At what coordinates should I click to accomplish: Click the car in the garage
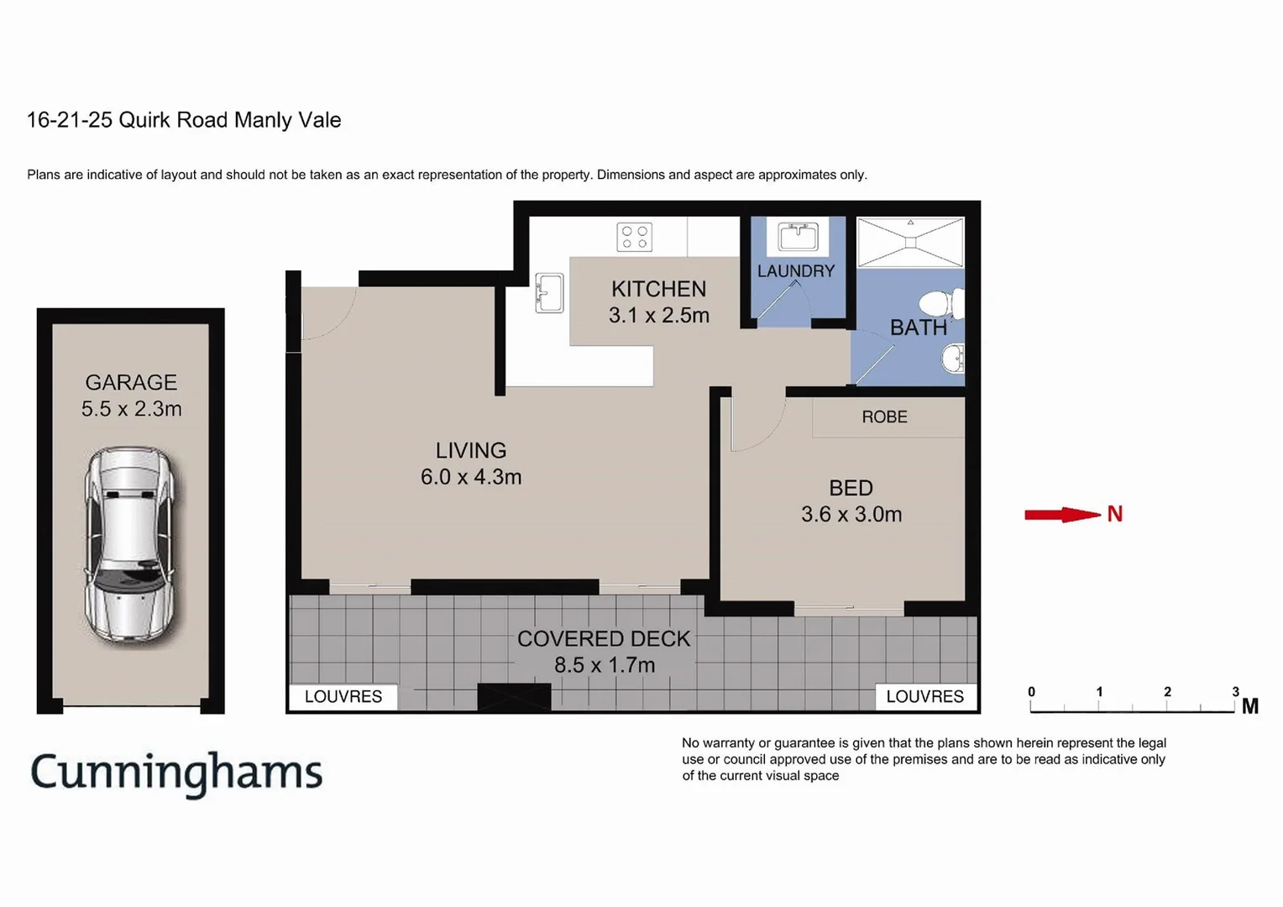tap(130, 544)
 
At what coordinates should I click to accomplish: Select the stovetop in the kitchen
tap(634, 237)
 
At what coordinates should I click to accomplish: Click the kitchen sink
tap(549, 293)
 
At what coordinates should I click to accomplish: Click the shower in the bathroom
tap(910, 242)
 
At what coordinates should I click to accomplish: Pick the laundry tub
tap(798, 236)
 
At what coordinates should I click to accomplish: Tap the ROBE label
tap(884, 417)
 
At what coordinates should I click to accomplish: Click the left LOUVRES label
tap(343, 696)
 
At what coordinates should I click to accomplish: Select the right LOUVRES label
tap(924, 696)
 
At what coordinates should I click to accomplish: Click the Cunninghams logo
tap(176, 773)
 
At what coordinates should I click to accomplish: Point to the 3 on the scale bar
tap(1235, 691)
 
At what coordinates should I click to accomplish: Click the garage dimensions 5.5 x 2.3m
tap(131, 409)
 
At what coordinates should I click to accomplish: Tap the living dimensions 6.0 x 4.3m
tap(471, 477)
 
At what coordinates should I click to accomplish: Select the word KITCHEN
tap(658, 289)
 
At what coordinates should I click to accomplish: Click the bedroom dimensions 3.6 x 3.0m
tap(851, 514)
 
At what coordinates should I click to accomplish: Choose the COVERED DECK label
tap(604, 638)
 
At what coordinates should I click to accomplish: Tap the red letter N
tap(1115, 514)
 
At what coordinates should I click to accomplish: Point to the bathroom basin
tap(953, 359)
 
